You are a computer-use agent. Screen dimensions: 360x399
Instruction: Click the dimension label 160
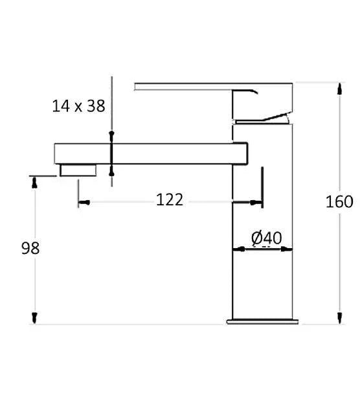tap(339, 202)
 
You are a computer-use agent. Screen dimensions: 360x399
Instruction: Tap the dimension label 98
tap(30, 248)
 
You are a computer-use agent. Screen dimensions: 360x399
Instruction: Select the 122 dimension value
tap(170, 199)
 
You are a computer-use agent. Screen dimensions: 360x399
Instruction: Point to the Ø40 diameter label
tap(266, 238)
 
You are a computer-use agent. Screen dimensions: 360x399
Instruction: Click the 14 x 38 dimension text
tap(78, 106)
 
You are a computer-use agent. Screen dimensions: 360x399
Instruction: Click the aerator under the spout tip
tap(78, 170)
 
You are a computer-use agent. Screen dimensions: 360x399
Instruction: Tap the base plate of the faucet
tap(262, 322)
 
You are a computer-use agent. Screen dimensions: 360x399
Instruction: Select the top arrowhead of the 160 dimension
tap(339, 89)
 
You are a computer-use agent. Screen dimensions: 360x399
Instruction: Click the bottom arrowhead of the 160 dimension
tap(339, 318)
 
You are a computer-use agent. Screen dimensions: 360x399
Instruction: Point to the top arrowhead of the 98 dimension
tap(34, 183)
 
